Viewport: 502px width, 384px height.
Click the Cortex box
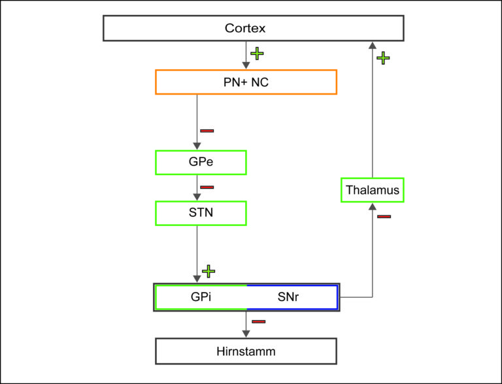253,28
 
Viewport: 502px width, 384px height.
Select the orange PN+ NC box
246,82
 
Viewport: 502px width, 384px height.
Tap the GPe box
201,163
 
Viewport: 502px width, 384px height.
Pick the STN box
201,213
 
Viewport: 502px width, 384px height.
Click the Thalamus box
373,190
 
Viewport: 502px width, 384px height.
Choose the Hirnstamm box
246,351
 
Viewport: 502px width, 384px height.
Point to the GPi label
201,297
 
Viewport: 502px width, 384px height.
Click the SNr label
288,297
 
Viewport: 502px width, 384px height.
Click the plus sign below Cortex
257,54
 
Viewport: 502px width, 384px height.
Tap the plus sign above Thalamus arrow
383,58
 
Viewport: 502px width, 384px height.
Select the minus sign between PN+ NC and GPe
207,131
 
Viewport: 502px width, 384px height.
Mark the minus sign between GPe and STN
207,187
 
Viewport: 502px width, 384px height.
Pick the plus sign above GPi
209,272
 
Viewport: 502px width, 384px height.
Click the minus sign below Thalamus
384,217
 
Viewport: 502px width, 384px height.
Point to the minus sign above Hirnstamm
259,321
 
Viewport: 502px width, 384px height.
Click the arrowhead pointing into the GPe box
197,146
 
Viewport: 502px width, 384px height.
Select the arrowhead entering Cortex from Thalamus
373,45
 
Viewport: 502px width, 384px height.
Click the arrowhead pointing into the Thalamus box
373,206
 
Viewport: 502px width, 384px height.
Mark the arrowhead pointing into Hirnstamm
246,334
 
